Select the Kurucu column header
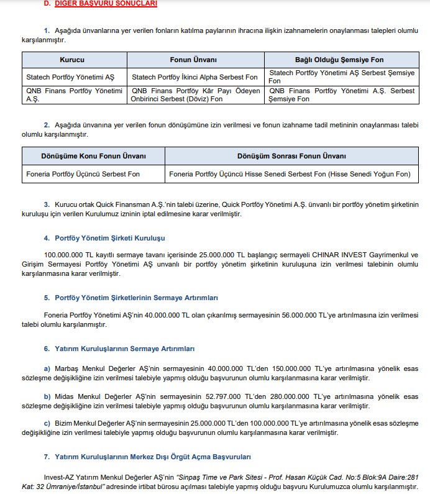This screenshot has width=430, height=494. (72, 60)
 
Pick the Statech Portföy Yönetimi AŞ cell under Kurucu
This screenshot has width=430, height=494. (71, 77)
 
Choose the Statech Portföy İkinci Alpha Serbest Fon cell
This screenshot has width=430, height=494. (195, 77)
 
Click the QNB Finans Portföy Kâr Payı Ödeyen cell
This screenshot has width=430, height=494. (196, 91)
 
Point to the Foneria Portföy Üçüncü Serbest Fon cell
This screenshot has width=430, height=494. (83, 174)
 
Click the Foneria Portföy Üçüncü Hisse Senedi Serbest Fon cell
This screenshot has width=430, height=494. (290, 174)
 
